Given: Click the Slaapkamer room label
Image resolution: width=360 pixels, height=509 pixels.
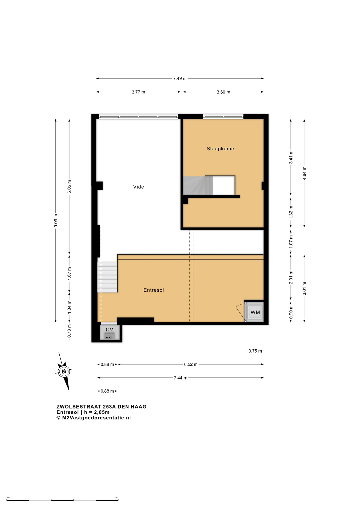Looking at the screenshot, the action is click(221, 149).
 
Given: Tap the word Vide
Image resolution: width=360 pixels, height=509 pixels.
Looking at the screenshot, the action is click(138, 187).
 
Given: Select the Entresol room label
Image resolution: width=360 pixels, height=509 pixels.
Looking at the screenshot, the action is click(153, 290).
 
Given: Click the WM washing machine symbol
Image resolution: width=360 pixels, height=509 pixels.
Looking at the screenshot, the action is click(255, 312).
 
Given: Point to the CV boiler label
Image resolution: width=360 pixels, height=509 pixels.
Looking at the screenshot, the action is click(109, 330).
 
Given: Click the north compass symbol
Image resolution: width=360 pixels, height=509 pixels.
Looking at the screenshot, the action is click(64, 371).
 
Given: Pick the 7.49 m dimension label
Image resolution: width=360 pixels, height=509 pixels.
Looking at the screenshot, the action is click(180, 78).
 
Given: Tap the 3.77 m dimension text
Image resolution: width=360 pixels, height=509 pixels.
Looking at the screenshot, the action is click(138, 92).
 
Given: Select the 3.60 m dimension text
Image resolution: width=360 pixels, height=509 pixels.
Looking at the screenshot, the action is click(223, 92).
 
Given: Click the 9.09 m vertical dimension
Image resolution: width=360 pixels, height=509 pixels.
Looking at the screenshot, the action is click(56, 221).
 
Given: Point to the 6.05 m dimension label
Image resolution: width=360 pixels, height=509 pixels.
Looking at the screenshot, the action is click(69, 187).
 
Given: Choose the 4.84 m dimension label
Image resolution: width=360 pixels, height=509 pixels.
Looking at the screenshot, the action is click(304, 173).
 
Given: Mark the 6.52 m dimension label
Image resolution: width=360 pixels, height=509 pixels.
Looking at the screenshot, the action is click(191, 364).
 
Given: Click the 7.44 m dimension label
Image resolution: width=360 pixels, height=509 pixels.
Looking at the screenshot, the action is click(181, 378).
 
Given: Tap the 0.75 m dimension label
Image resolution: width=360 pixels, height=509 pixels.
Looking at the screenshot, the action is click(255, 351).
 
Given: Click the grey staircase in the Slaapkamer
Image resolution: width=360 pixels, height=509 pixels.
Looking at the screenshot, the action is click(198, 186).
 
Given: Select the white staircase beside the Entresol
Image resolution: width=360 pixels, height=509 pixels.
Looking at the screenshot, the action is click(107, 277).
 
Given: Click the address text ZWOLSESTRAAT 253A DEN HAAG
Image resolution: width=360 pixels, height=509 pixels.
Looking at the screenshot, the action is click(102, 407).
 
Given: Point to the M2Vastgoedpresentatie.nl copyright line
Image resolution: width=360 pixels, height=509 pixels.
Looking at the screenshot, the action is click(94, 418).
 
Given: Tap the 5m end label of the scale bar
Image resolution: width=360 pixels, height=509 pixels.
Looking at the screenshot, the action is click(117, 497).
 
